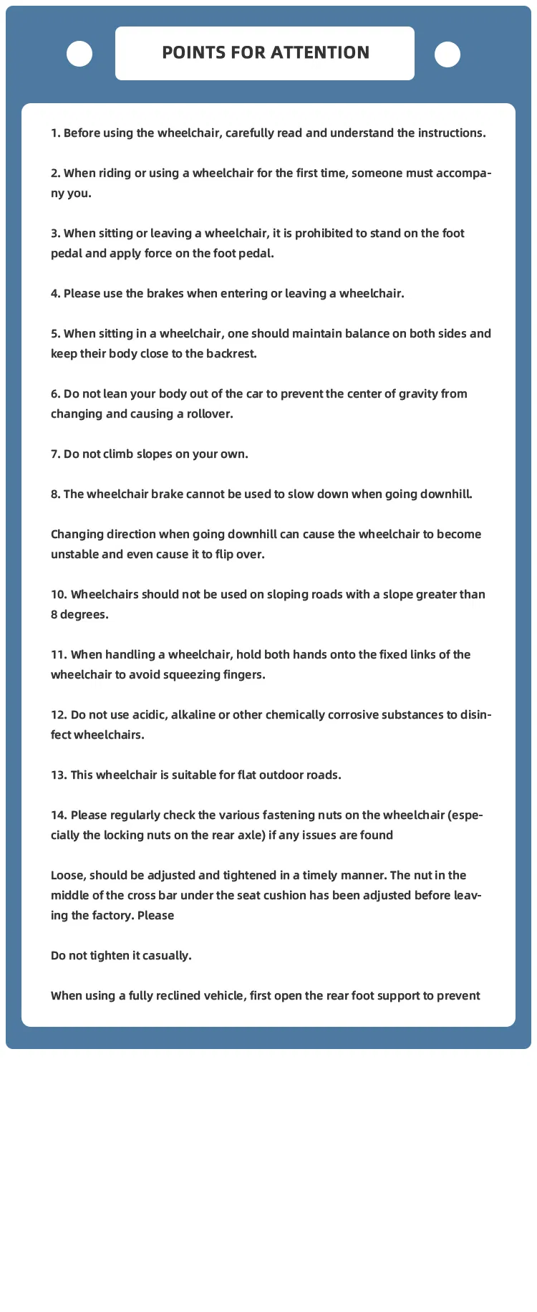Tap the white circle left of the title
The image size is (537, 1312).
coord(79,54)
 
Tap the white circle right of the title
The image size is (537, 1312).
coord(447,54)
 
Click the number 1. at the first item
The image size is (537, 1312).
coord(56,133)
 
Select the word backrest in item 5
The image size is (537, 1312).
coord(231,354)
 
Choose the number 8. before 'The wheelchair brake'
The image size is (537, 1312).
coord(56,494)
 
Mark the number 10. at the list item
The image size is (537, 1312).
coord(59,595)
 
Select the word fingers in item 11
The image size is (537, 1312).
coord(242,675)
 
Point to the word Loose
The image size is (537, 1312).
coord(68,876)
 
